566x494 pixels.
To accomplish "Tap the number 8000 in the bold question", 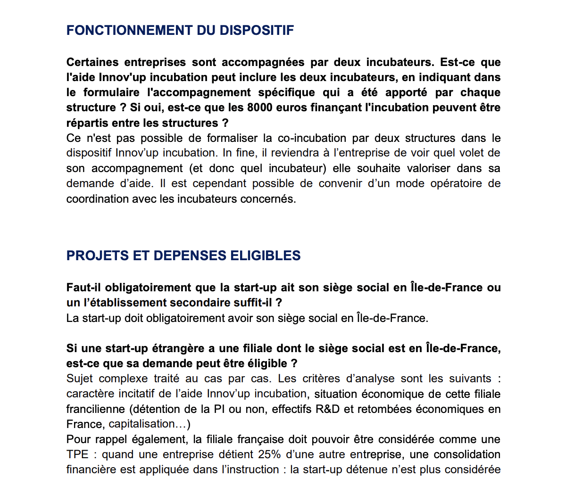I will (x=259, y=107).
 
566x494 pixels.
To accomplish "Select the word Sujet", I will (x=80, y=379).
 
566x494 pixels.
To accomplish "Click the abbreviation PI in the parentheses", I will (x=219, y=409).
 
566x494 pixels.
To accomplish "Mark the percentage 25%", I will (x=269, y=454).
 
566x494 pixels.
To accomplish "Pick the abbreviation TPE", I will (x=77, y=454).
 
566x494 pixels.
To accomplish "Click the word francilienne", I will (x=96, y=409).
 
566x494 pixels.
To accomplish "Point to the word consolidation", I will (x=467, y=454).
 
